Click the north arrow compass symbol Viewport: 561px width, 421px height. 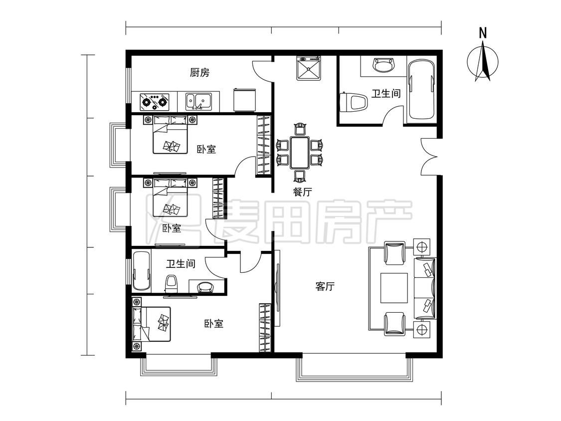482,62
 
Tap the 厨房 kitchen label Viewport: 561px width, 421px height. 199,73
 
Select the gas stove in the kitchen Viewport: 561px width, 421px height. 154,102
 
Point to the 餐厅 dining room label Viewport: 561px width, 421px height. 302,192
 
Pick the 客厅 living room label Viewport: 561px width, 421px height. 325,286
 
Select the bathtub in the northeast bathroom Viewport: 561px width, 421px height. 421,90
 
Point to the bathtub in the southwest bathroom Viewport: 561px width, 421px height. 142,271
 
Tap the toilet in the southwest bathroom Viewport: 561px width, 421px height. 171,283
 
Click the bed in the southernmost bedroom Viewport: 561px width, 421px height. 152,324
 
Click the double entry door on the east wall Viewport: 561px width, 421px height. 430,157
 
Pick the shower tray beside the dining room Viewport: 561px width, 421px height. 309,68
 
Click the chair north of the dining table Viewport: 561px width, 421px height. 300,130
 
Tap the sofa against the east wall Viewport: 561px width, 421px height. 425,288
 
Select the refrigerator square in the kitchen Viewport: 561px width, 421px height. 244,100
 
